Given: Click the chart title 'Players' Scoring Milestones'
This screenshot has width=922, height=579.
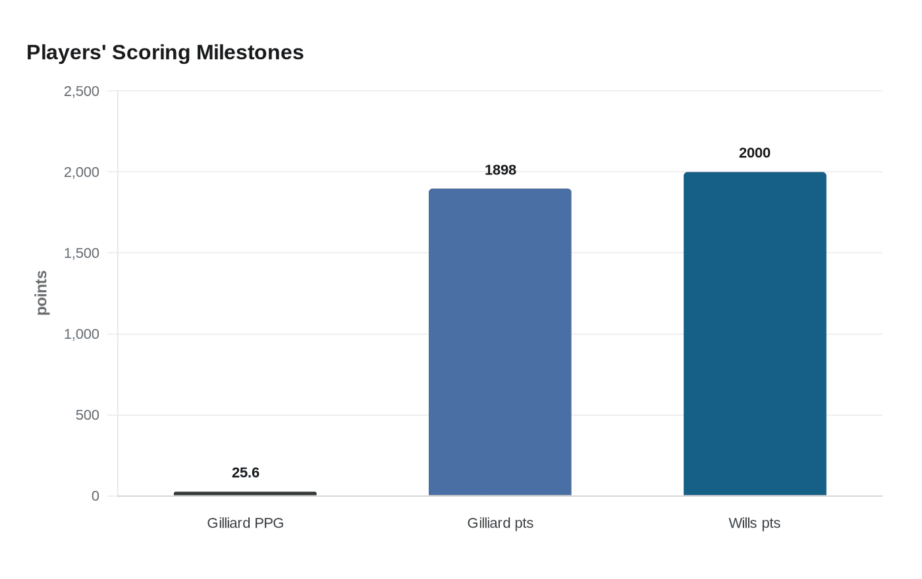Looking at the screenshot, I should coord(165,53).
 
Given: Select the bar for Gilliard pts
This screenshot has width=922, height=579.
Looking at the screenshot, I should coord(500,342).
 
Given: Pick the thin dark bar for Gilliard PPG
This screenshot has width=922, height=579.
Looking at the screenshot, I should coord(245,493).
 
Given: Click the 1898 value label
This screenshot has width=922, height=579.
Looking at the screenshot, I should coord(501,170).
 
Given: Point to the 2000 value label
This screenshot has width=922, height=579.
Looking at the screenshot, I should coord(755,153).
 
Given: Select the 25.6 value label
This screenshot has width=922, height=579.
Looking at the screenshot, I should coord(246,473).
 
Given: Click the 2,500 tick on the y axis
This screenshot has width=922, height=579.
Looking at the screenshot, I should coord(82,91).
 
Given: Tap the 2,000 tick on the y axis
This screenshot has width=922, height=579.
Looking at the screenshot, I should coord(82,172).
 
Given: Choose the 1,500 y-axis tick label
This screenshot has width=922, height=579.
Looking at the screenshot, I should coord(82,253).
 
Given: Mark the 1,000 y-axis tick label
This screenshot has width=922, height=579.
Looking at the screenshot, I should coord(82,334).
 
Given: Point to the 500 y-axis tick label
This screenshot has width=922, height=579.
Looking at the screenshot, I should coord(88,415).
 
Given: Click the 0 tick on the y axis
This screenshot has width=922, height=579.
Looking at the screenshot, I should coord(95,496).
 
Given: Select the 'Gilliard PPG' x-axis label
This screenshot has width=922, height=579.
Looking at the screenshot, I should coord(246,523).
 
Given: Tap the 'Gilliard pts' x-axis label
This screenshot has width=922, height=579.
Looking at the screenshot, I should coord(501,523).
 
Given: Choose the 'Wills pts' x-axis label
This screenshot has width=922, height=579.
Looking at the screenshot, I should coord(755,523).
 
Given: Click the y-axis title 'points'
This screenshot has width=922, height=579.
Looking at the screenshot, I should coord(41,293).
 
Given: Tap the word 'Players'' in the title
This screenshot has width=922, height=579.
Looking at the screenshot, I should coord(67,53).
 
